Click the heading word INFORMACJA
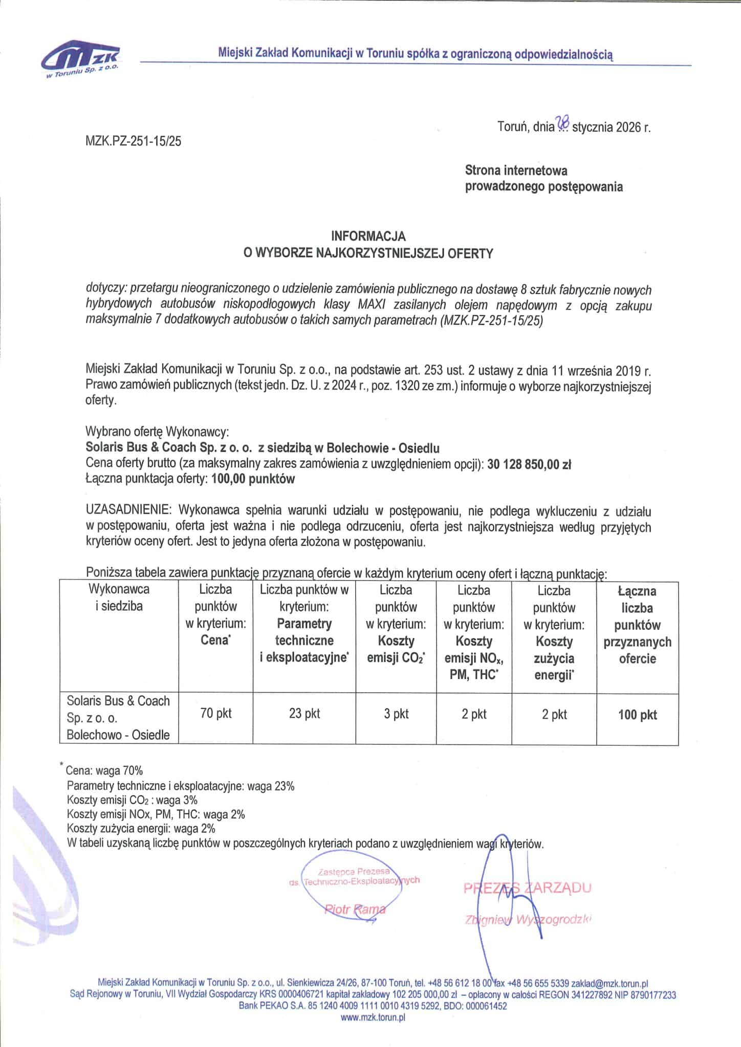coord(368,236)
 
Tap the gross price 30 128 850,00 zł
coord(530,465)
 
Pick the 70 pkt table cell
coord(216,713)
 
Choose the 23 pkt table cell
coord(304,713)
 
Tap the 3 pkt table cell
coord(397,713)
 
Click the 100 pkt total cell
coord(637,715)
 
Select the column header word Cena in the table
coord(214,640)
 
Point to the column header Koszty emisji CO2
coord(396,649)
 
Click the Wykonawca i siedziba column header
coord(119,598)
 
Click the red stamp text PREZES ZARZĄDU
coord(527,887)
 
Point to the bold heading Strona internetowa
coord(516,170)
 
